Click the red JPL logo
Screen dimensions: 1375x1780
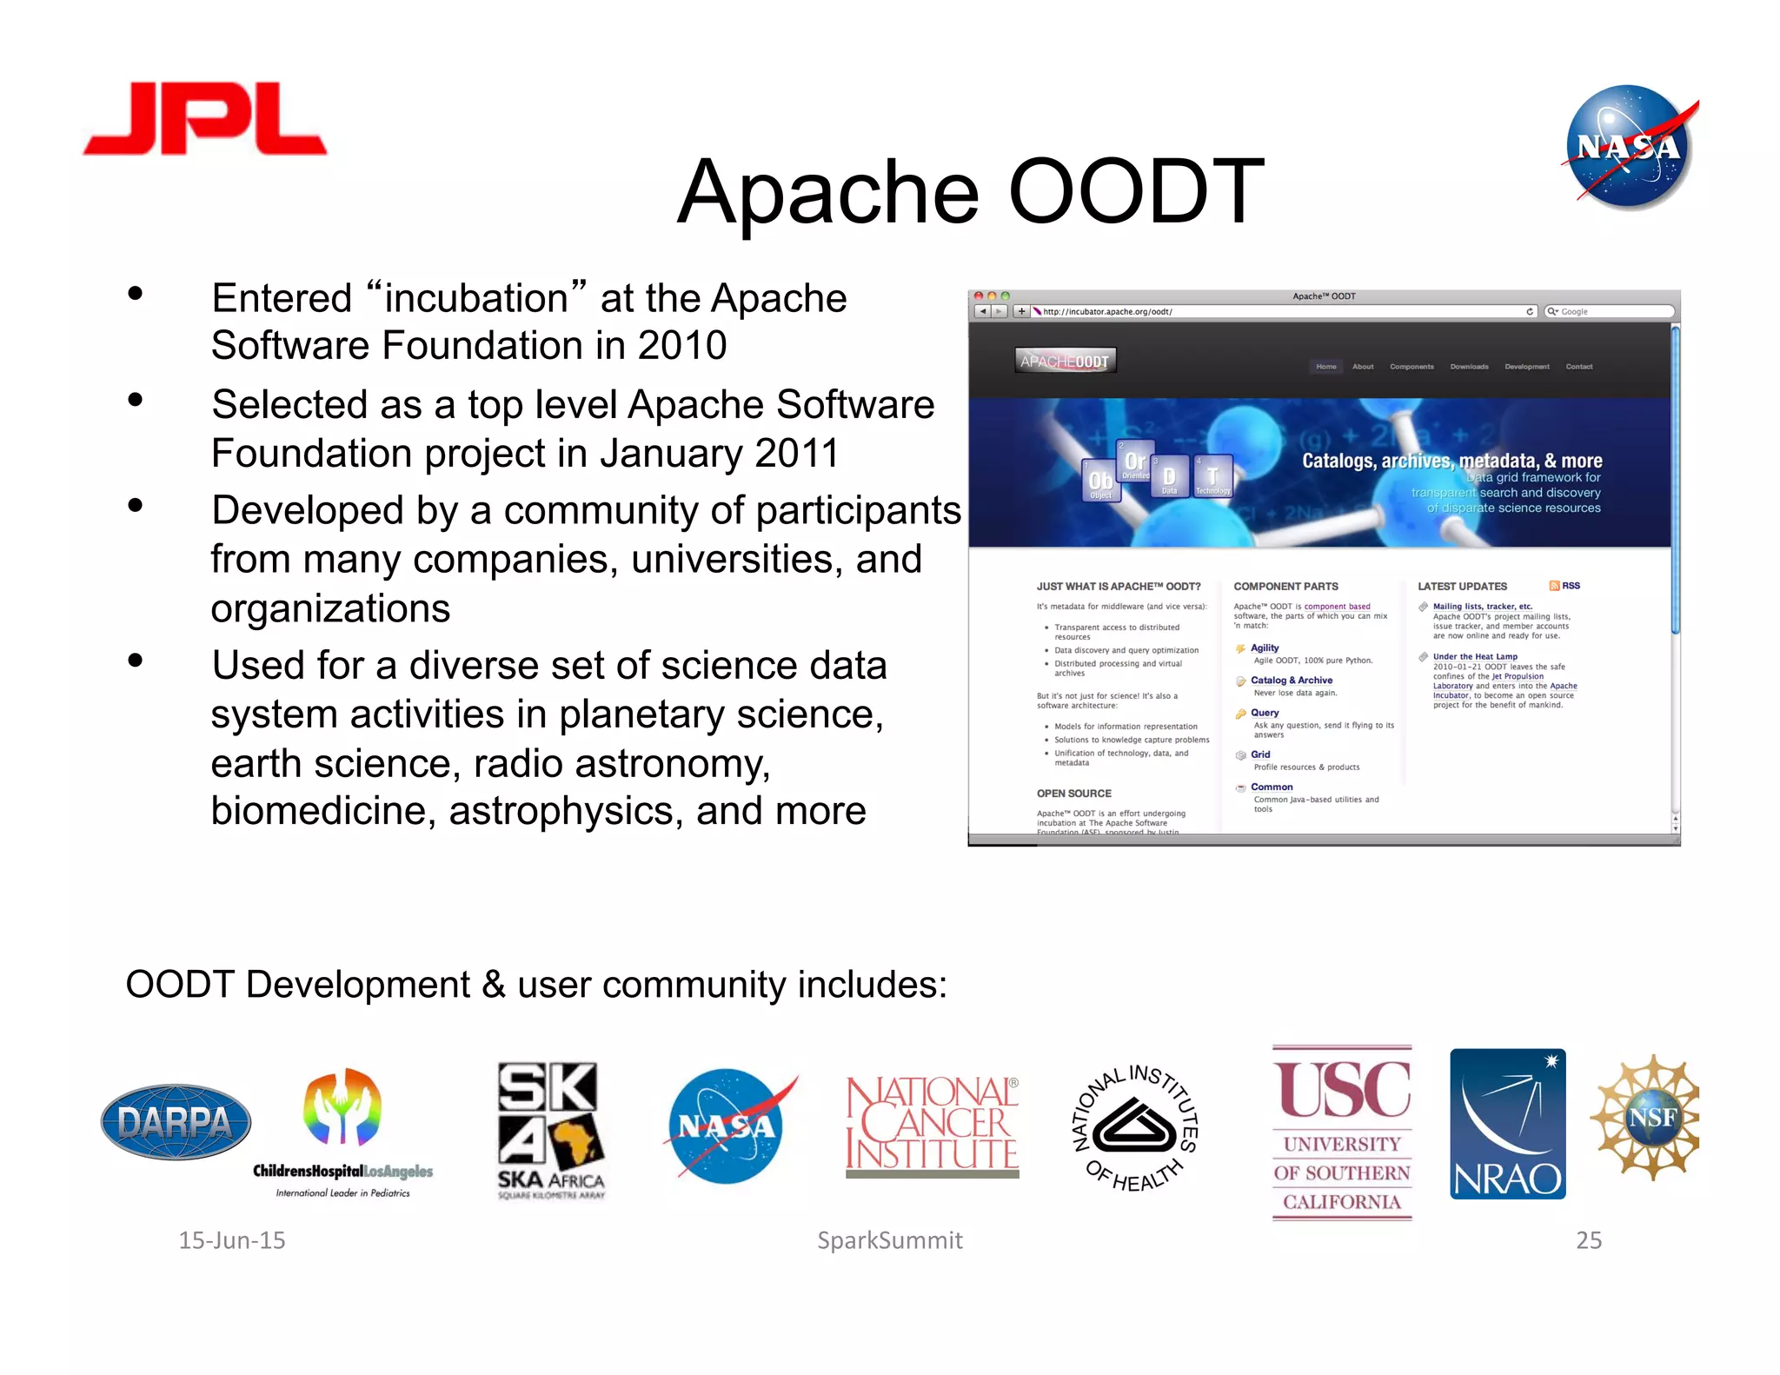tap(205, 119)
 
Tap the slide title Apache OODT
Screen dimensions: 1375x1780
tap(970, 191)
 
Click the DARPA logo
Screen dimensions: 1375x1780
tap(176, 1122)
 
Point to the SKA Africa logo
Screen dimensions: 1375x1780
tap(550, 1130)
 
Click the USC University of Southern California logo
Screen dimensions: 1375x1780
tap(1342, 1133)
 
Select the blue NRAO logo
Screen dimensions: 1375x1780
tap(1507, 1124)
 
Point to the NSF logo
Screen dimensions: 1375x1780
tap(1646, 1117)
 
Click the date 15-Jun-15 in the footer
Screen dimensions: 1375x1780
tap(232, 1240)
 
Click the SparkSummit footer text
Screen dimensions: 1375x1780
tap(890, 1240)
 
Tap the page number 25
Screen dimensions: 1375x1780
tap(1589, 1240)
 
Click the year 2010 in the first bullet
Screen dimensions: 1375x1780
tap(682, 346)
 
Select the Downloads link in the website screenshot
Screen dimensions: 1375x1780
tap(1469, 367)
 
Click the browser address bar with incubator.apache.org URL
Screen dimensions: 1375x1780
tap(1278, 311)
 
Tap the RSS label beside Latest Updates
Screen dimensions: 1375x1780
tap(1571, 586)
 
